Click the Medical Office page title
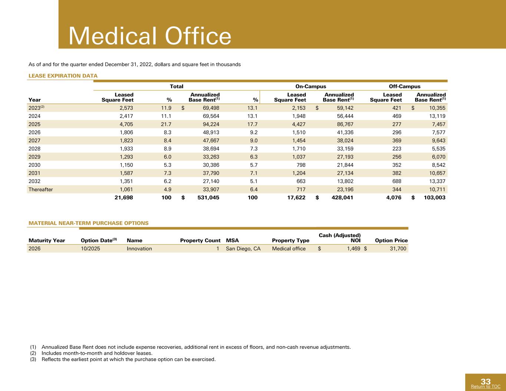point(150,36)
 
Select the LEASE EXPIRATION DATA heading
point(63,76)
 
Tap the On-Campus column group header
point(311,86)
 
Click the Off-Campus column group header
point(404,86)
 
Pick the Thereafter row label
point(40,189)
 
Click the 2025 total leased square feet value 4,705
point(126,124)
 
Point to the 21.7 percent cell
point(166,124)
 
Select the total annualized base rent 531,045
point(208,198)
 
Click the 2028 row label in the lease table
point(34,149)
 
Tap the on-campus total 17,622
point(296,198)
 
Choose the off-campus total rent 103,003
point(434,198)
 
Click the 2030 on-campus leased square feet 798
point(301,165)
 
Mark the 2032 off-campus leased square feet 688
point(397,181)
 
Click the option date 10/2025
point(90,249)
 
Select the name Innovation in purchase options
point(139,249)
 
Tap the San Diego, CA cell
point(243,249)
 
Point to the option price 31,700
point(398,249)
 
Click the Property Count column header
point(200,241)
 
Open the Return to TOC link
point(486,387)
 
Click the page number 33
point(486,382)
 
